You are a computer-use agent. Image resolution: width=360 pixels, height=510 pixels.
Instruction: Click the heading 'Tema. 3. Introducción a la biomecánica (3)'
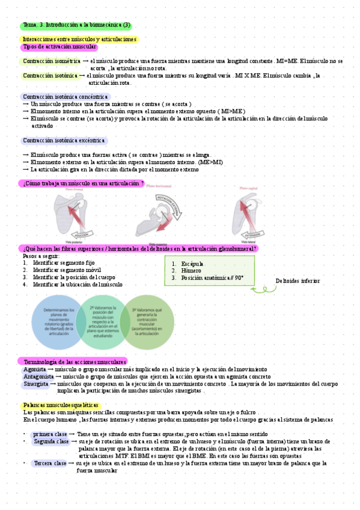(76, 25)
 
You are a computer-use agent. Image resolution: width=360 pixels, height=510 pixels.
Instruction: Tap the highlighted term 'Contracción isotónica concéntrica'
(65, 97)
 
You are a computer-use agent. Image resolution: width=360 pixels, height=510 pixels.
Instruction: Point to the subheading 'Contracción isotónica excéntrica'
(64, 141)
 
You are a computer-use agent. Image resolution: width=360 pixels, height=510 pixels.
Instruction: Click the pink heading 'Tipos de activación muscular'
(59, 47)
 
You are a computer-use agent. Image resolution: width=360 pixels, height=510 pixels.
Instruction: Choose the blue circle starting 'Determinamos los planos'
(53, 321)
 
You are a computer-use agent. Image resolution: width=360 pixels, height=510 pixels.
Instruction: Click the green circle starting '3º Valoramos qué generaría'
(147, 321)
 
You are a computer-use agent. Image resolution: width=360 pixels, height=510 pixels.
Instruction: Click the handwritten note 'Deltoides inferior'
(297, 281)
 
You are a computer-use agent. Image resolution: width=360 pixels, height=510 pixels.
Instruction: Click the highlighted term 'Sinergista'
(36, 384)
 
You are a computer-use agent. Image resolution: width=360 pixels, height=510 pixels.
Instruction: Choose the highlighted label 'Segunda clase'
(51, 441)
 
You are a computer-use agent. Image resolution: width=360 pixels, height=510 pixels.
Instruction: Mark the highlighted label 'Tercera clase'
(50, 464)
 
